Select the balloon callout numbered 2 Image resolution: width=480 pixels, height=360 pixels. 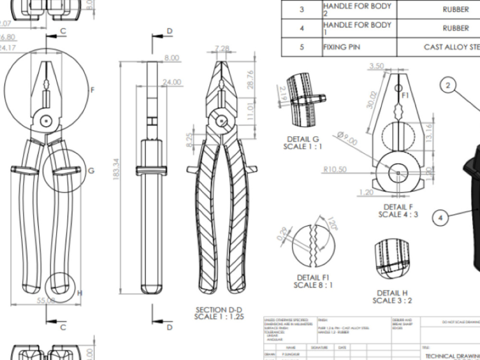click(x=448, y=85)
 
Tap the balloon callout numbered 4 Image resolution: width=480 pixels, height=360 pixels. click(x=440, y=217)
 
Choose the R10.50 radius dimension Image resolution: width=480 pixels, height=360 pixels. click(x=335, y=169)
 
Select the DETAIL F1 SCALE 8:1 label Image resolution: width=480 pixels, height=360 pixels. click(x=313, y=281)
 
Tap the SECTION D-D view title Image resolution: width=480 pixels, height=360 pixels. click(x=218, y=313)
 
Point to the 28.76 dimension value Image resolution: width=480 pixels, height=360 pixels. click(x=250, y=79)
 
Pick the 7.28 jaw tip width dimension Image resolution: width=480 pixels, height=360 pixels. click(x=222, y=48)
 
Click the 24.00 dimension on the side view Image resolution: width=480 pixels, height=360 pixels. click(x=172, y=83)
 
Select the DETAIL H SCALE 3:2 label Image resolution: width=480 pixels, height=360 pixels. click(x=392, y=297)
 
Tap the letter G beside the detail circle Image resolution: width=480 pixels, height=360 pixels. click(x=91, y=170)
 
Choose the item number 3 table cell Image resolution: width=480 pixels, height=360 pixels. click(x=302, y=10)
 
